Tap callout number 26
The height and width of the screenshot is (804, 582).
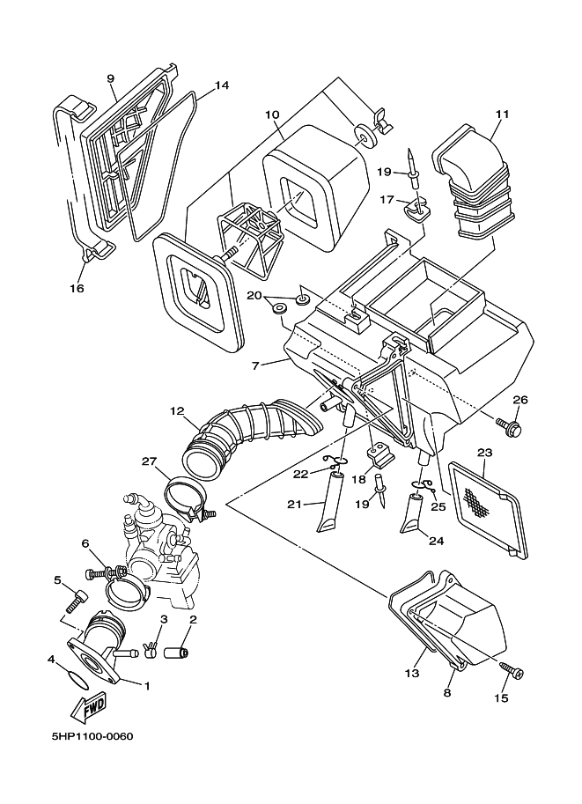pyautogui.click(x=520, y=400)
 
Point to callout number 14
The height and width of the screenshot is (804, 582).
pyautogui.click(x=221, y=85)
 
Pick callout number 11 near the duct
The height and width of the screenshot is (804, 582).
pyautogui.click(x=503, y=114)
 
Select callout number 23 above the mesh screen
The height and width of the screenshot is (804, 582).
pyautogui.click(x=484, y=454)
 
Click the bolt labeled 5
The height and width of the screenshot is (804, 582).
pyautogui.click(x=75, y=602)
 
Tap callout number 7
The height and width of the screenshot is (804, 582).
pyautogui.click(x=254, y=364)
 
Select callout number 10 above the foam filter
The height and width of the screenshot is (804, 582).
pyautogui.click(x=272, y=114)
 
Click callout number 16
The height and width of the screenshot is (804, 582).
pyautogui.click(x=77, y=288)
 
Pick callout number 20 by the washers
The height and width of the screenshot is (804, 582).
pyautogui.click(x=254, y=296)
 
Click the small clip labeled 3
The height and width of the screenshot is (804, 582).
pyautogui.click(x=151, y=651)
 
